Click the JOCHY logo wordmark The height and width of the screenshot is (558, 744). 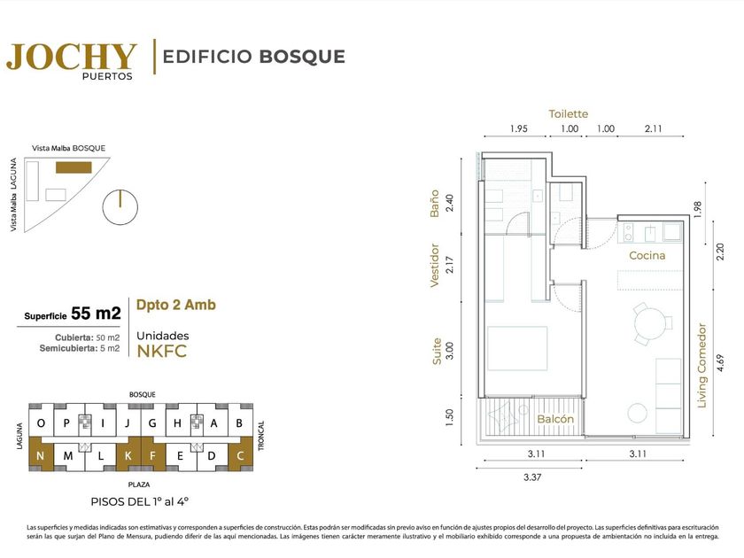point(72,57)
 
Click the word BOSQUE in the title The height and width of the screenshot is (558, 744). point(302,57)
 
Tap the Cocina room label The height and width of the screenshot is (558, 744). point(647,255)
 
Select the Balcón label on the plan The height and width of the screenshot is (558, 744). point(555,419)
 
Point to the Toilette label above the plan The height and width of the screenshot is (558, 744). point(568,114)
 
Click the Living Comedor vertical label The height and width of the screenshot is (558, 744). point(701,365)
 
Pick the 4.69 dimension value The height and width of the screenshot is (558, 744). point(721,363)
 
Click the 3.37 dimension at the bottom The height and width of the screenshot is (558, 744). point(532,477)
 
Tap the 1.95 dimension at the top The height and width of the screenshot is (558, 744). point(519,128)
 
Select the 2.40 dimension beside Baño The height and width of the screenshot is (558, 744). point(450,203)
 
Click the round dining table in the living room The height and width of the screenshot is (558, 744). point(650,324)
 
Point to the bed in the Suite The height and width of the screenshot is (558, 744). point(517,348)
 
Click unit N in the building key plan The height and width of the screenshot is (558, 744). point(41,455)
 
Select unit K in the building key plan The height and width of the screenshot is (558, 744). point(128,455)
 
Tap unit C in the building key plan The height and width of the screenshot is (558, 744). point(241,455)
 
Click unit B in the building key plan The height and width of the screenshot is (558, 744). point(239,422)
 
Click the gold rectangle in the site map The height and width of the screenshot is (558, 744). point(74,167)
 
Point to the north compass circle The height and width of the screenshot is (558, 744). point(120,207)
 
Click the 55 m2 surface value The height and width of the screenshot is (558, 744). point(96,314)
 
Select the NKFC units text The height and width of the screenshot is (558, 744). point(162,352)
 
